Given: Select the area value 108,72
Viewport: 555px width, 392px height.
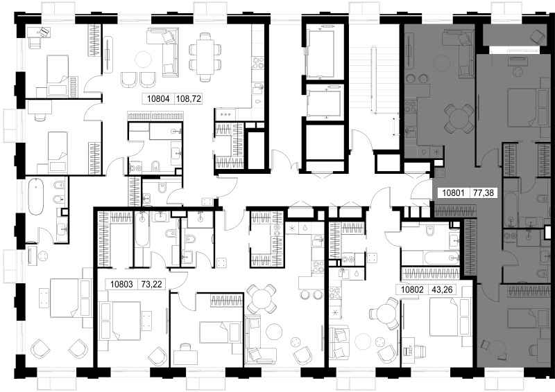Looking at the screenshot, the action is (189, 99).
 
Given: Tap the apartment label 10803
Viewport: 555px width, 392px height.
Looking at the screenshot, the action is (121, 284).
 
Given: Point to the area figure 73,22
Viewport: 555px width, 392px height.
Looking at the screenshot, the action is (151, 284).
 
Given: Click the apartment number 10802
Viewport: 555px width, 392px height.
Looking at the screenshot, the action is (412, 290).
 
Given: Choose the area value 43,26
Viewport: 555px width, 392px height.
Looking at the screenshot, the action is (443, 290).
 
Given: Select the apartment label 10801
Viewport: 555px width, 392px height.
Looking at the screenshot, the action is (454, 193).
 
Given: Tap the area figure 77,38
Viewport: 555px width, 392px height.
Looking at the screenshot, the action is (484, 193).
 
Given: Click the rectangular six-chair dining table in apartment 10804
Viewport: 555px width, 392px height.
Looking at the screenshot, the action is (205, 57).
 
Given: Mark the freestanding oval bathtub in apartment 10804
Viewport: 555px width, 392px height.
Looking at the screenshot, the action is (36, 197).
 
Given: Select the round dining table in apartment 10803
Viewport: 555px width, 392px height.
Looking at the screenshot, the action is (261, 299).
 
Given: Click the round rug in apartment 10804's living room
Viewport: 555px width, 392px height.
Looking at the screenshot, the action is (144, 59).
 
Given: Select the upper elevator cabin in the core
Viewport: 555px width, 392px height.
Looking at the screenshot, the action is (322, 53).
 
